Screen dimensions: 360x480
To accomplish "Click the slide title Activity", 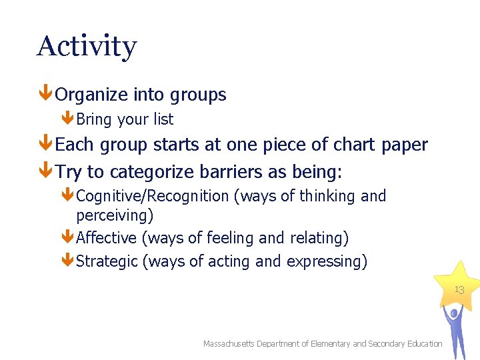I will coord(87,47).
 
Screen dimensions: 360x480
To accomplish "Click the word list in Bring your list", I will coord(163,119).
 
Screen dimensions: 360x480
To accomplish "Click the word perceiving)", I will coord(115,215).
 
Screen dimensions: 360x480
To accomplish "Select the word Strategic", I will coord(107,261).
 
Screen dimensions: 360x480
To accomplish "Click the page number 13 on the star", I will coord(459,290).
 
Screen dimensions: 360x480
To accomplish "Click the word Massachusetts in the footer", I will coord(233,344).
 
